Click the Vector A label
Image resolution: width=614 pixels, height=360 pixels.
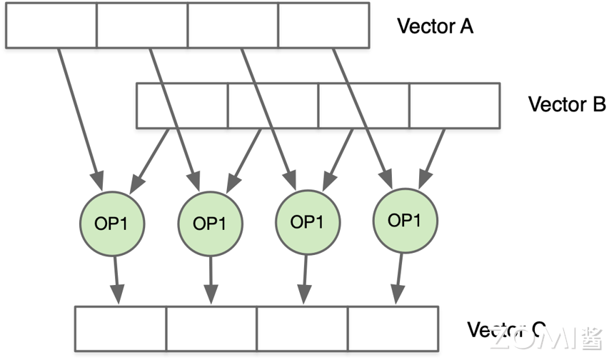point(435,26)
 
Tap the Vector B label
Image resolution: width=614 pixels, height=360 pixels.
point(566,104)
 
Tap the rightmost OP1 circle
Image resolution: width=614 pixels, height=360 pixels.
point(404,221)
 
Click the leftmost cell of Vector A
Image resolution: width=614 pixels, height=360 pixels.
point(51,26)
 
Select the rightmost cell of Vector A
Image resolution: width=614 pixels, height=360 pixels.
point(323,26)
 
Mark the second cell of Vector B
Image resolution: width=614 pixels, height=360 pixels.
point(273,106)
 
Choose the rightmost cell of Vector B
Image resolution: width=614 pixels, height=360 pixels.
point(454,106)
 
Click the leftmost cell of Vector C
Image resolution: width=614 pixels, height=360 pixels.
point(121,329)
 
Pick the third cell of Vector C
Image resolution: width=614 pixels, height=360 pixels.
point(302,329)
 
